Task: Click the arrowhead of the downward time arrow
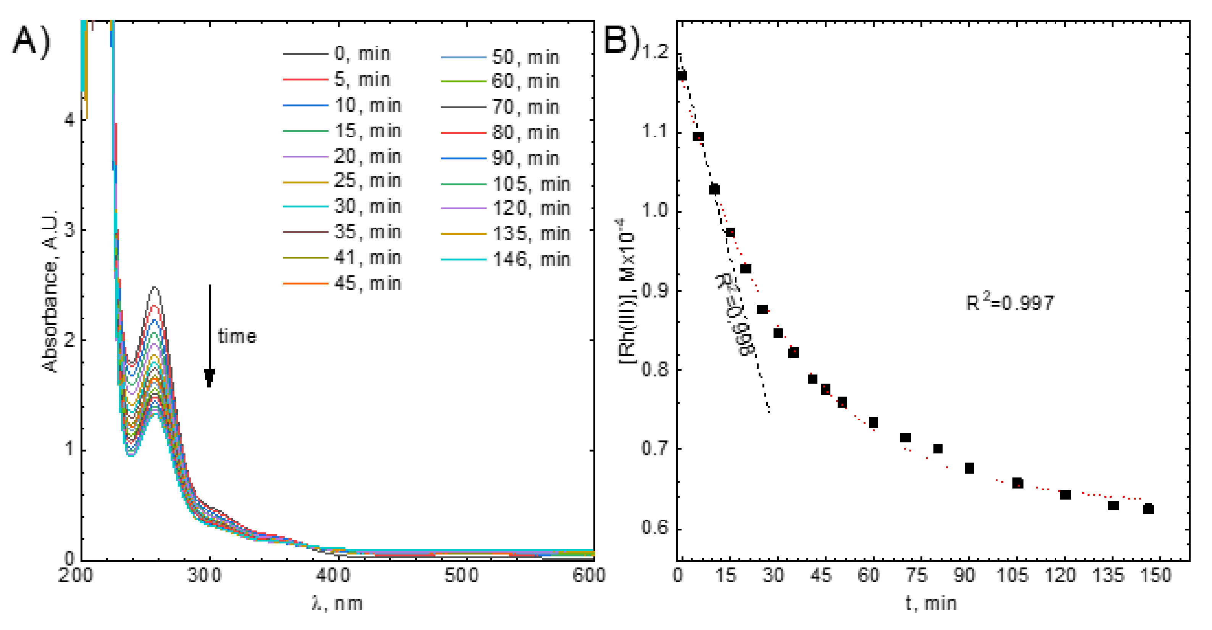(210, 376)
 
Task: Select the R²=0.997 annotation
(1009, 302)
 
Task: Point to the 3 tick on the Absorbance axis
(69, 230)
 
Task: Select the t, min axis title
(931, 603)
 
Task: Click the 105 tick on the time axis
(1012, 575)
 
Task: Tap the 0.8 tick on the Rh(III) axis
(654, 370)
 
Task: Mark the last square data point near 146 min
(1148, 509)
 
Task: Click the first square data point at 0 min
(681, 76)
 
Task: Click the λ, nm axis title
(337, 603)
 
